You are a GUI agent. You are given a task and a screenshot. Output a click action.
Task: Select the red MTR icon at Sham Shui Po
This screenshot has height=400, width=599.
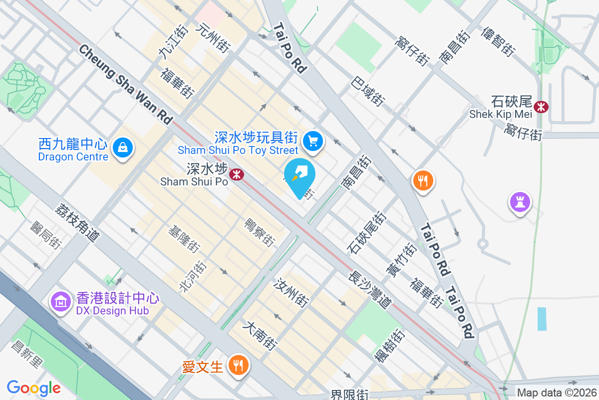click(236, 174)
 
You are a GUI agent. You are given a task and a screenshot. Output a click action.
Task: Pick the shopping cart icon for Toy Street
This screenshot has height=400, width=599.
click(313, 141)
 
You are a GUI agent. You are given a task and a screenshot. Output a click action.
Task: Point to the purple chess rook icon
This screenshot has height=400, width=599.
click(520, 202)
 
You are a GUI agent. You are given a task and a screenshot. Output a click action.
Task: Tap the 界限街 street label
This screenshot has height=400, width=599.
click(349, 394)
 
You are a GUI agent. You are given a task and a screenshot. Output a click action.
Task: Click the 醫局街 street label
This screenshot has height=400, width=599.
click(45, 235)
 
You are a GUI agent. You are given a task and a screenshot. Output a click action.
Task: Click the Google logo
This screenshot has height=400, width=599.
click(33, 388)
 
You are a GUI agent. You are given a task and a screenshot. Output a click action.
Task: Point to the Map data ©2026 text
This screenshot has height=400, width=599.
click(557, 393)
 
